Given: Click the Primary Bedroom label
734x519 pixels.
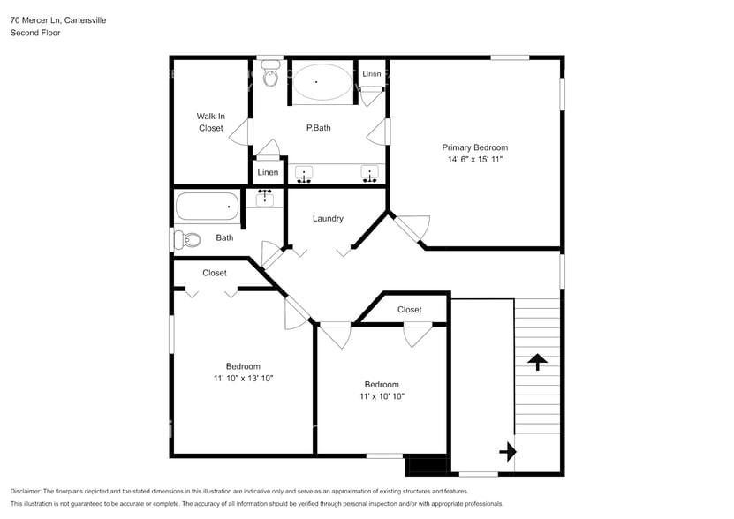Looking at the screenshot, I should click(474, 147).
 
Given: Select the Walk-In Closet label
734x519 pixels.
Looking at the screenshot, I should click(210, 122).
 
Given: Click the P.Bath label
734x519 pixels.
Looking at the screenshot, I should click(318, 128).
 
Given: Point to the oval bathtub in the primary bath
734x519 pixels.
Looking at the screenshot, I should click(321, 82).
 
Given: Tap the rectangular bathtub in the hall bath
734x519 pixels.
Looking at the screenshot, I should click(208, 207).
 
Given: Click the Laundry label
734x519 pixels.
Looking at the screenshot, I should click(328, 219).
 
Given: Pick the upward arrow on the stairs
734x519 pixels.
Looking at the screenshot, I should click(537, 361).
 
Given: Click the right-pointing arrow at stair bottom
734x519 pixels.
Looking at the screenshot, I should click(508, 453).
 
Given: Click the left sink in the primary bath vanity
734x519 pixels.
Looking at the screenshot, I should click(304, 174).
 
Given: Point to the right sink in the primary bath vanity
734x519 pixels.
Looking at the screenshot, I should click(369, 174).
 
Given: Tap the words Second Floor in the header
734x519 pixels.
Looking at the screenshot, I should click(35, 33).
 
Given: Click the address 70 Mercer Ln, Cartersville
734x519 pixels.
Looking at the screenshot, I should click(58, 19).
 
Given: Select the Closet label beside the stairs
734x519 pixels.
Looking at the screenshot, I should click(409, 310).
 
